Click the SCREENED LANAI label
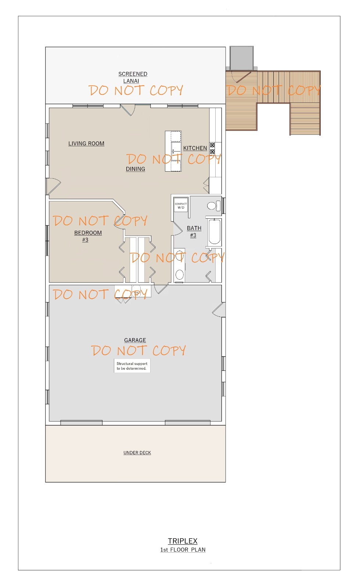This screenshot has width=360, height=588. (x=133, y=77)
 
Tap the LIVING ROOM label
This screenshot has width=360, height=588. (x=86, y=144)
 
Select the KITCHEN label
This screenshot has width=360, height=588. (x=195, y=148)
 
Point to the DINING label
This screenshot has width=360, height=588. (x=136, y=169)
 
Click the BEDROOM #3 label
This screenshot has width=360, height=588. (x=88, y=236)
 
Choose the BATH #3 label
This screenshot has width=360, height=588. (x=194, y=232)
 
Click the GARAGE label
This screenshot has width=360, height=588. (x=135, y=340)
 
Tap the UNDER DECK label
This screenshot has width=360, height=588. (x=137, y=453)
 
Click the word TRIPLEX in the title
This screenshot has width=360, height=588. (x=183, y=541)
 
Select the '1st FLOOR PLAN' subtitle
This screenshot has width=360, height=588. (x=183, y=550)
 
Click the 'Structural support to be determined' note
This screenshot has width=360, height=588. (x=132, y=366)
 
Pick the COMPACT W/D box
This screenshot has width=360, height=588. (x=181, y=205)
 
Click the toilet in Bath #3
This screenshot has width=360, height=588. (x=213, y=206)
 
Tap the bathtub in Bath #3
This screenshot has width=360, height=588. (x=214, y=232)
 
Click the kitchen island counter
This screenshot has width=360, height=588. (x=173, y=151)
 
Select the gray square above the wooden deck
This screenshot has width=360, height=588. (x=241, y=58)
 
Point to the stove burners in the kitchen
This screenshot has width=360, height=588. (x=212, y=148)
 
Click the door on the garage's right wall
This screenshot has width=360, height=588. (x=219, y=310)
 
